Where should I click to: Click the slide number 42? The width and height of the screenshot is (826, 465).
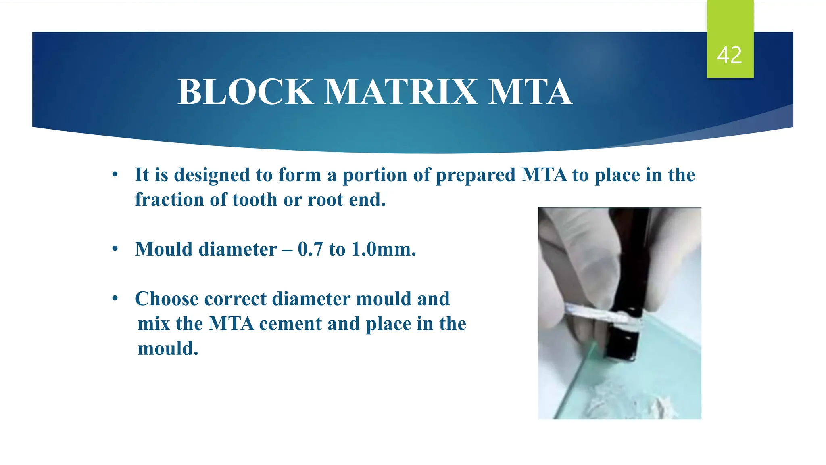[729, 55]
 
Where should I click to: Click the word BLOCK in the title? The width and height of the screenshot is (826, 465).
[245, 92]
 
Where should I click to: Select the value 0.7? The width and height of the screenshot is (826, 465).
[310, 249]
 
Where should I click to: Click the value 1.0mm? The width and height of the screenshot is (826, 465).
[383, 249]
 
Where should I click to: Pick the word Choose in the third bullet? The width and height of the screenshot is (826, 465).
[167, 299]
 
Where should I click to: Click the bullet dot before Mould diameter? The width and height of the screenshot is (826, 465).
[115, 249]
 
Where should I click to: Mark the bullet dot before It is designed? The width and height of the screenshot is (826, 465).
[115, 175]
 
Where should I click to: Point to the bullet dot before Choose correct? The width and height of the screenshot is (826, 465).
[115, 299]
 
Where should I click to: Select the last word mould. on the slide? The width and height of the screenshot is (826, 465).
[168, 349]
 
